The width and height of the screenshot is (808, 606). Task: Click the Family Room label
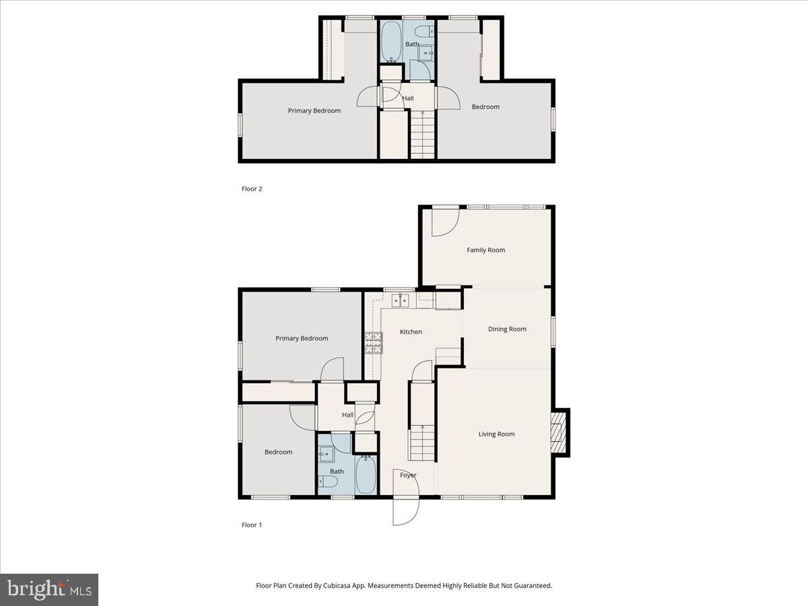(x=485, y=250)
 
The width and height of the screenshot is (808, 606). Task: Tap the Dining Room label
(x=507, y=329)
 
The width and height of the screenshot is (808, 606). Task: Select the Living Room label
(x=496, y=434)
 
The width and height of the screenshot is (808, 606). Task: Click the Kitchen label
(x=411, y=332)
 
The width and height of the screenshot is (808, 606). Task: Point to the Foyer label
(x=408, y=475)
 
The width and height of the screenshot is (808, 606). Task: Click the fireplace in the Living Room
(x=558, y=432)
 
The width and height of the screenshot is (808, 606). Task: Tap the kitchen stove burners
(x=372, y=343)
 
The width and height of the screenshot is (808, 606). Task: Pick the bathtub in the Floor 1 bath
(x=366, y=474)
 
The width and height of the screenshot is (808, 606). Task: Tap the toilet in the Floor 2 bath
(x=425, y=31)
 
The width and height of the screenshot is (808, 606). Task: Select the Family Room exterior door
(x=445, y=222)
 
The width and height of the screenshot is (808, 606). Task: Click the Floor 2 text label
(x=252, y=189)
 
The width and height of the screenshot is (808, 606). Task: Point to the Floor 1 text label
(x=251, y=525)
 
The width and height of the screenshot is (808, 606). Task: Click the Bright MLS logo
(x=49, y=590)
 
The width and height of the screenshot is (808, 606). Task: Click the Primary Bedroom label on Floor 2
(x=314, y=111)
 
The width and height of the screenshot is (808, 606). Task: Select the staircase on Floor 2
(x=423, y=135)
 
